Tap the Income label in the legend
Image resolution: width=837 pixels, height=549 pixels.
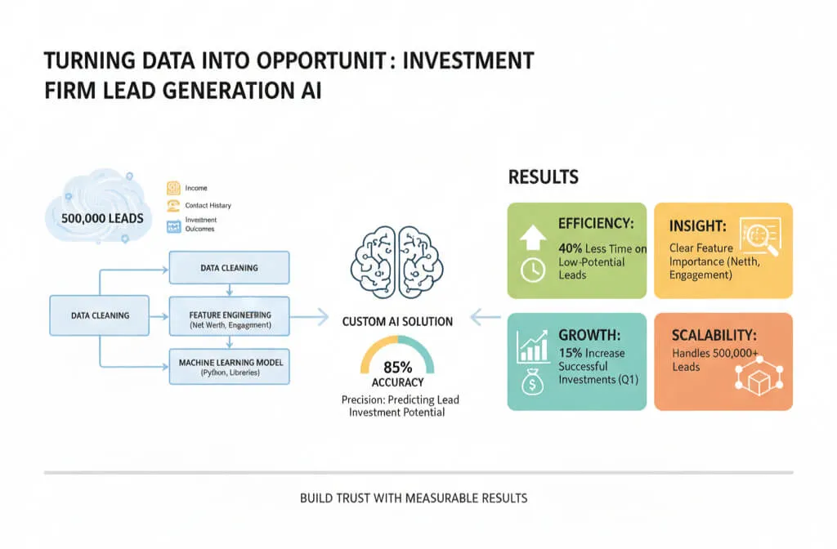click(196, 188)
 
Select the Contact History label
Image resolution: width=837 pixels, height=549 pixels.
click(208, 206)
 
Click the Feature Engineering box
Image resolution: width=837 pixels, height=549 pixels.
click(229, 319)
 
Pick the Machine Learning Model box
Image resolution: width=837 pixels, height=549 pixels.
click(229, 366)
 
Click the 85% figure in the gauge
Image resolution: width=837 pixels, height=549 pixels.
click(396, 367)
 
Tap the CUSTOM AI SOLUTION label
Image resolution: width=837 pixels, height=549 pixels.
click(397, 322)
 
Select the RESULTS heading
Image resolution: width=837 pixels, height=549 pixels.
click(544, 176)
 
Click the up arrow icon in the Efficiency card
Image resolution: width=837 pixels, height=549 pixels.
click(532, 237)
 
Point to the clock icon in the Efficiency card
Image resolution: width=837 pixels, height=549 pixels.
click(532, 270)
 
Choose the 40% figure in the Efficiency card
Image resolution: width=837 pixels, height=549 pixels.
click(571, 248)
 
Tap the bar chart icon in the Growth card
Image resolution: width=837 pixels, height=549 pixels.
click(533, 348)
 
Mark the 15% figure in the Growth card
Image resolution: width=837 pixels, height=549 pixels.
click(571, 353)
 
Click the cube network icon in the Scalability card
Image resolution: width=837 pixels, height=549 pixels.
click(754, 377)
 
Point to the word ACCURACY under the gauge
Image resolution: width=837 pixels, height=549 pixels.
click(396, 382)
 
